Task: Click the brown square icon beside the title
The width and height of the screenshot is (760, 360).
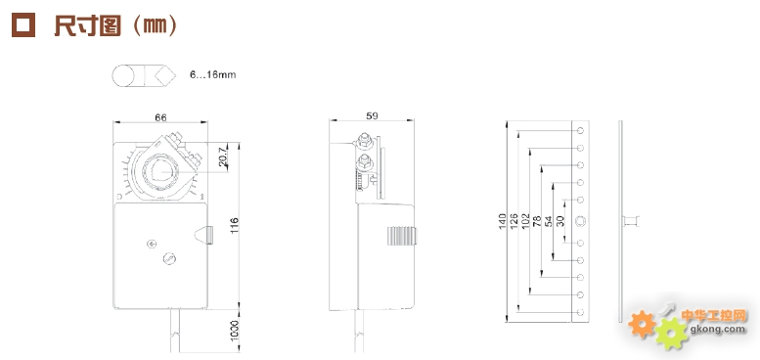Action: click(x=23, y=25)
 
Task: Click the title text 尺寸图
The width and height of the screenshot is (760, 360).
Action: click(x=87, y=25)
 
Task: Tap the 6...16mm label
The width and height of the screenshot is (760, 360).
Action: click(x=213, y=75)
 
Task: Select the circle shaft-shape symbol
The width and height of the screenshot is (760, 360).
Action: click(x=123, y=76)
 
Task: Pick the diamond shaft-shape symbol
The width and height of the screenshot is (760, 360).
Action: click(x=164, y=76)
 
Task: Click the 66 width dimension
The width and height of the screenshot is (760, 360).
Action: click(x=160, y=117)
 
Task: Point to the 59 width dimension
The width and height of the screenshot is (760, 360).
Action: click(x=372, y=115)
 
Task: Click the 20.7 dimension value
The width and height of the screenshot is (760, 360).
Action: click(x=223, y=157)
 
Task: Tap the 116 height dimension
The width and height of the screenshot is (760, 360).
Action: click(x=235, y=226)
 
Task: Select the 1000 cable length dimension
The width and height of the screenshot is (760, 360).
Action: click(x=235, y=331)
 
